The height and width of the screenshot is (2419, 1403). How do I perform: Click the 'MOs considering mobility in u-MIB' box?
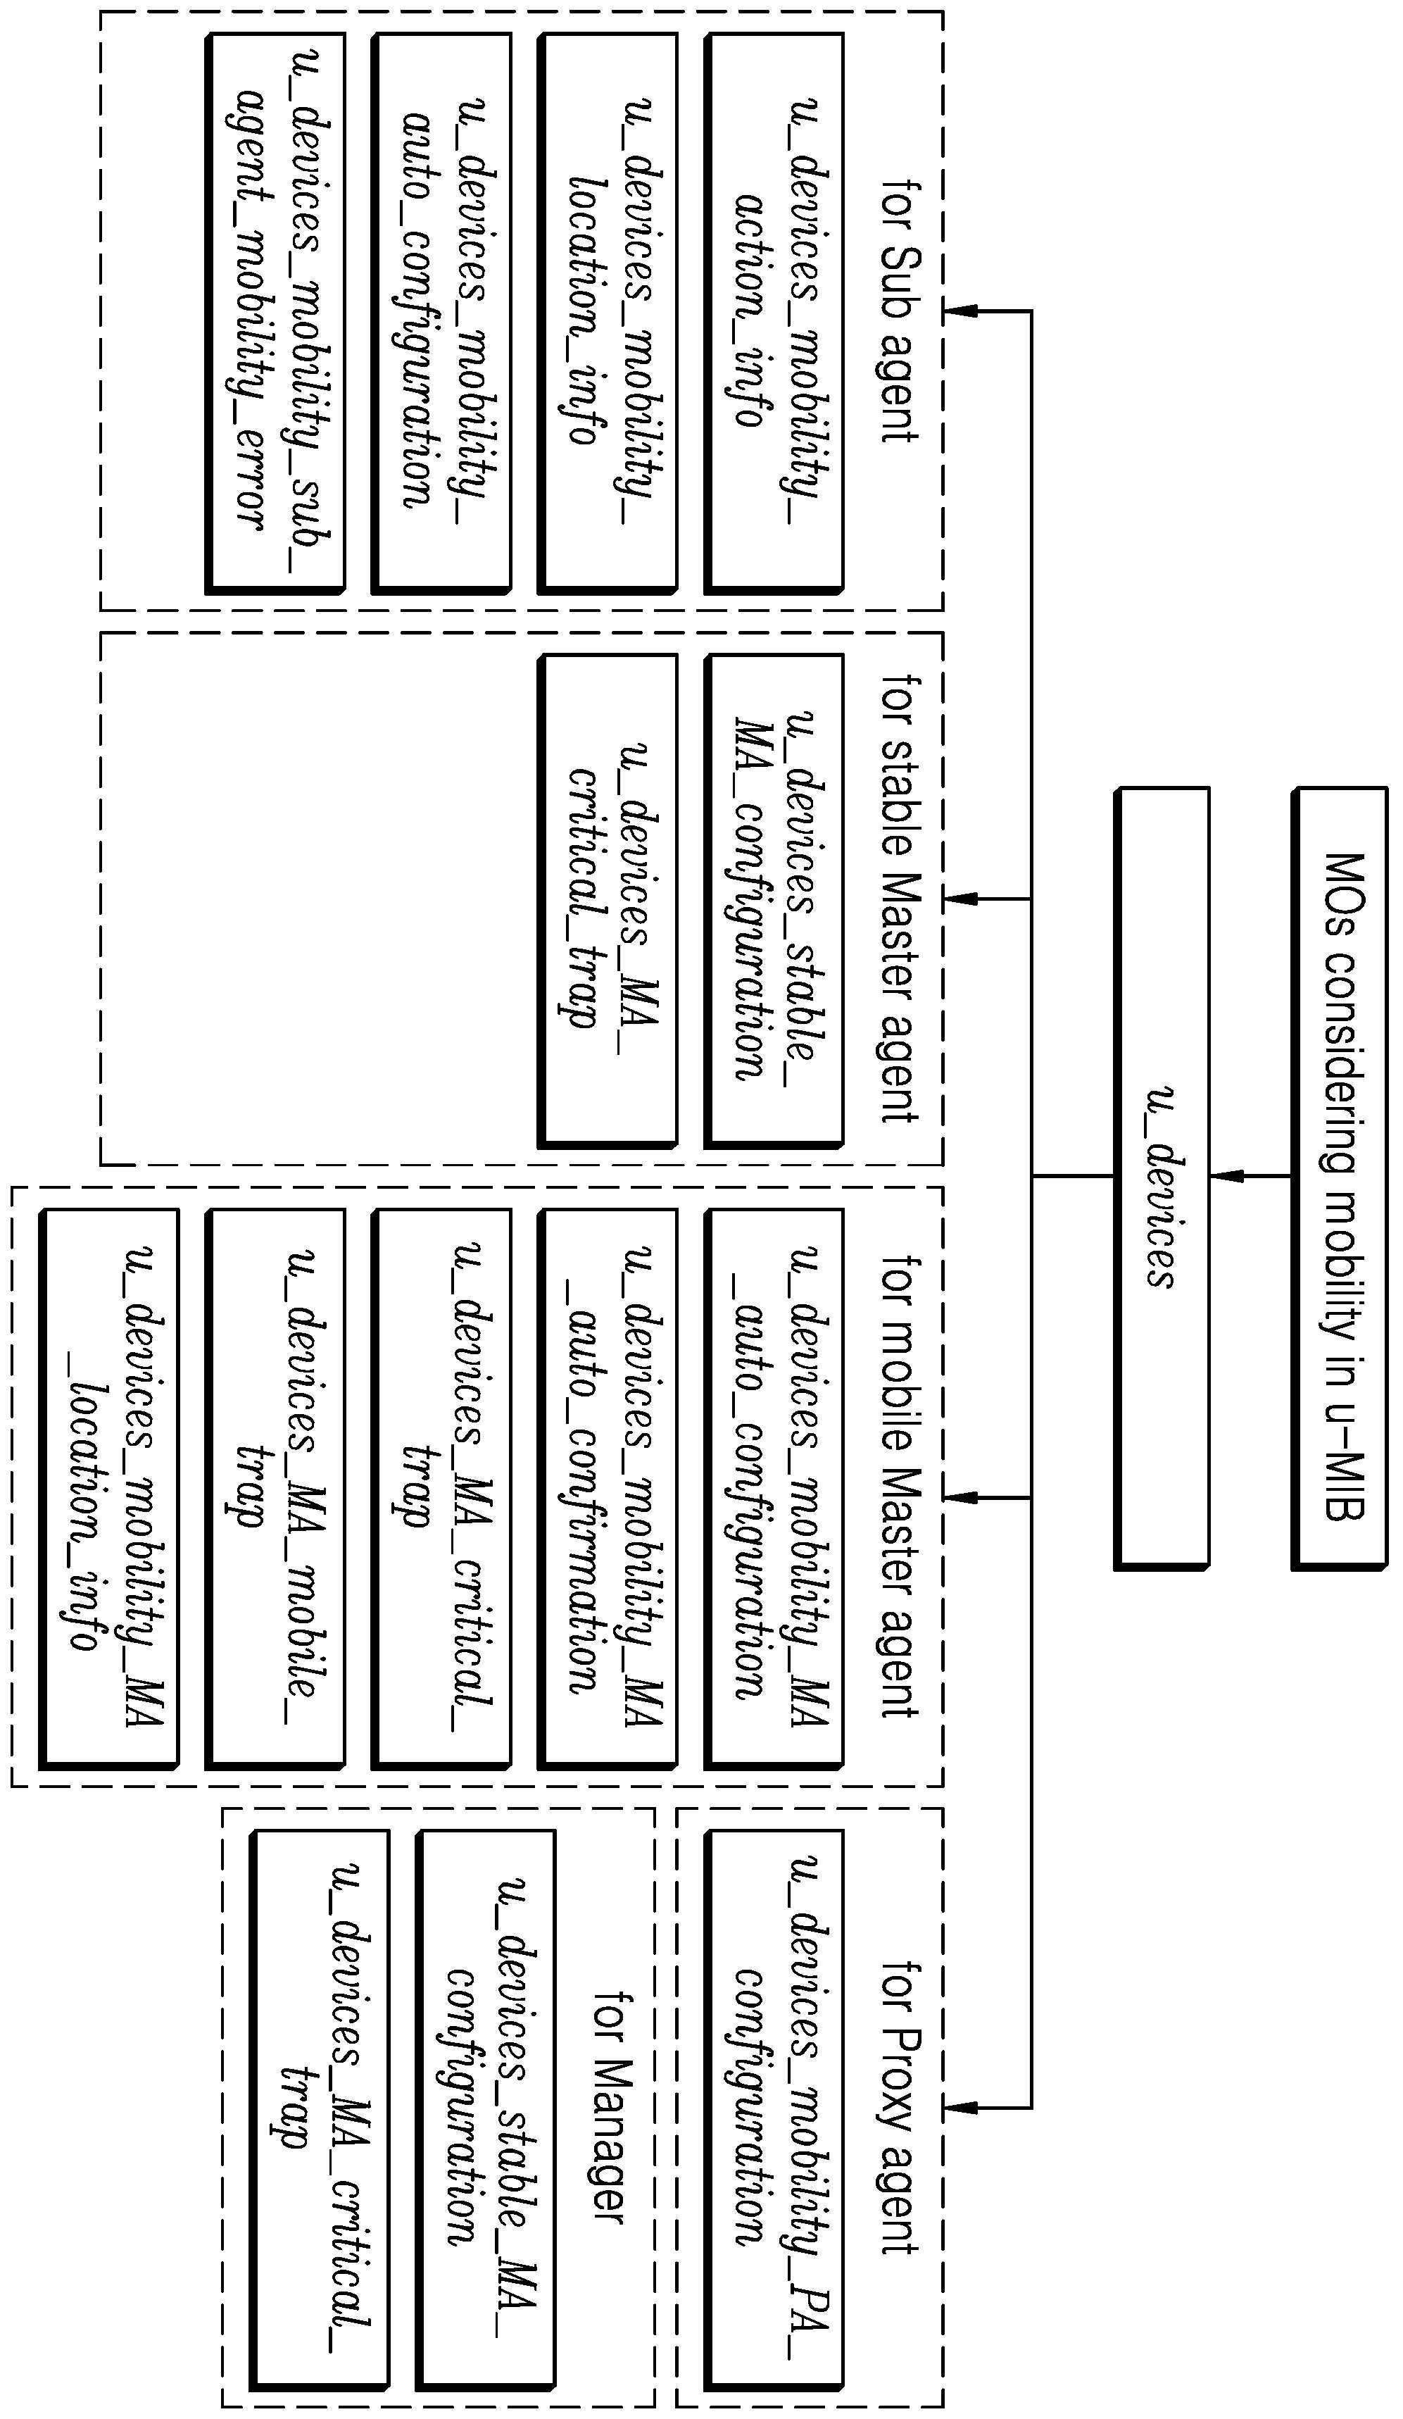click(1340, 1179)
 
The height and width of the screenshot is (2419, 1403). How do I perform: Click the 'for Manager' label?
click(611, 2108)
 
